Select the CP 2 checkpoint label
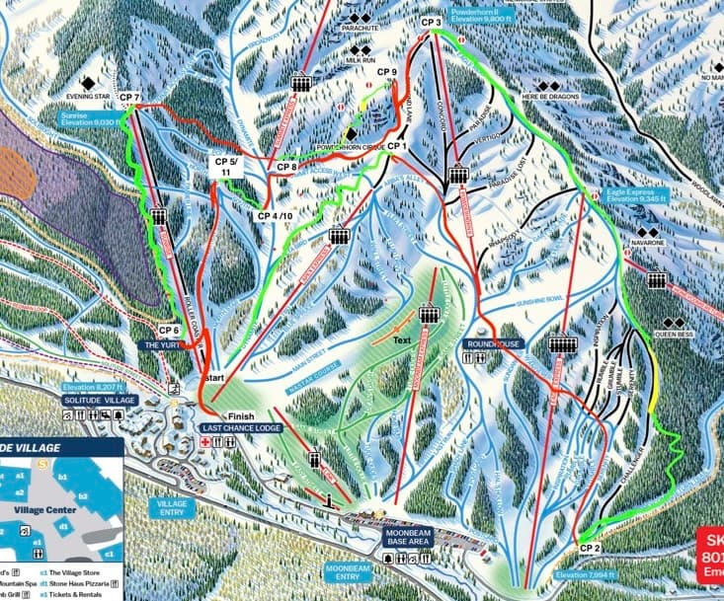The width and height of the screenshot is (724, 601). [591, 547]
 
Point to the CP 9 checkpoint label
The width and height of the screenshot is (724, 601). [387, 72]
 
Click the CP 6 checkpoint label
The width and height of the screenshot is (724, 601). [169, 330]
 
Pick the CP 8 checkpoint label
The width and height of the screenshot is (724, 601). [287, 167]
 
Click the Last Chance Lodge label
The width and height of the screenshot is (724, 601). [242, 427]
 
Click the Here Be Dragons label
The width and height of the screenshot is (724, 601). [548, 96]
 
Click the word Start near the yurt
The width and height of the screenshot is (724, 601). [214, 378]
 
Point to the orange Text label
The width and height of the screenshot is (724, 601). [399, 341]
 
